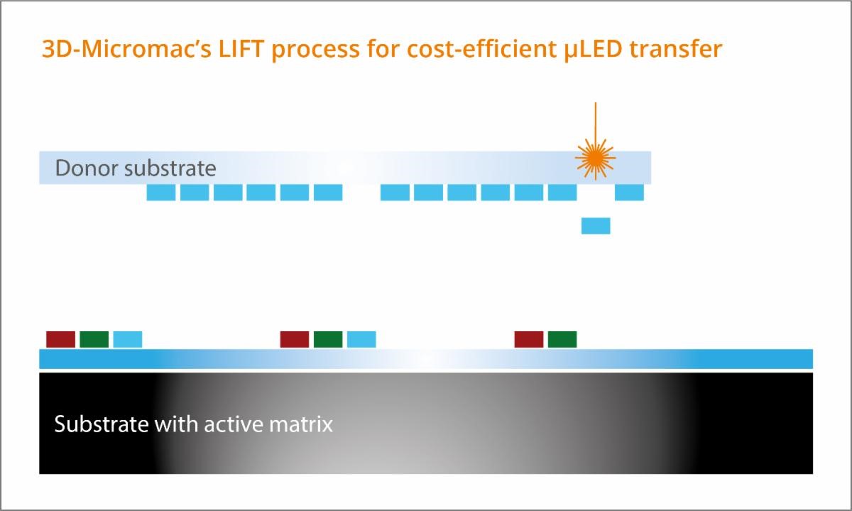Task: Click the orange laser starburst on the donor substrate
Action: click(x=595, y=158)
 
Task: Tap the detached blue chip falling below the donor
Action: click(x=596, y=226)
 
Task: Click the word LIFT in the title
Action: click(x=241, y=49)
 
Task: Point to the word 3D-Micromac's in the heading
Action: click(x=126, y=49)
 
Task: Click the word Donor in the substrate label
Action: click(x=87, y=168)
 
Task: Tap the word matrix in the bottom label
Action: click(x=301, y=424)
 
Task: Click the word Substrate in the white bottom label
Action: click(x=102, y=424)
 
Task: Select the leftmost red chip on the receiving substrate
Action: click(x=61, y=339)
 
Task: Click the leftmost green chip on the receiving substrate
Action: click(x=94, y=339)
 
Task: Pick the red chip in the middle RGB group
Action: click(x=295, y=339)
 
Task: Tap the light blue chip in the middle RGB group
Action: click(x=361, y=339)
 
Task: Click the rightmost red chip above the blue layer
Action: click(x=529, y=339)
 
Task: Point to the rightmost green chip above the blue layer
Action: click(x=562, y=339)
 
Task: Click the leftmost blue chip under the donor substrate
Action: click(x=161, y=193)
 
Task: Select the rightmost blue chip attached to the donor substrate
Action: click(x=630, y=193)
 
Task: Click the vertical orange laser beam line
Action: click(x=596, y=121)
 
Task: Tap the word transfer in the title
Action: click(x=676, y=49)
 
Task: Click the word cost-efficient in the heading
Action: click(x=481, y=49)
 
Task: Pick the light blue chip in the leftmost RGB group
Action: click(x=128, y=339)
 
